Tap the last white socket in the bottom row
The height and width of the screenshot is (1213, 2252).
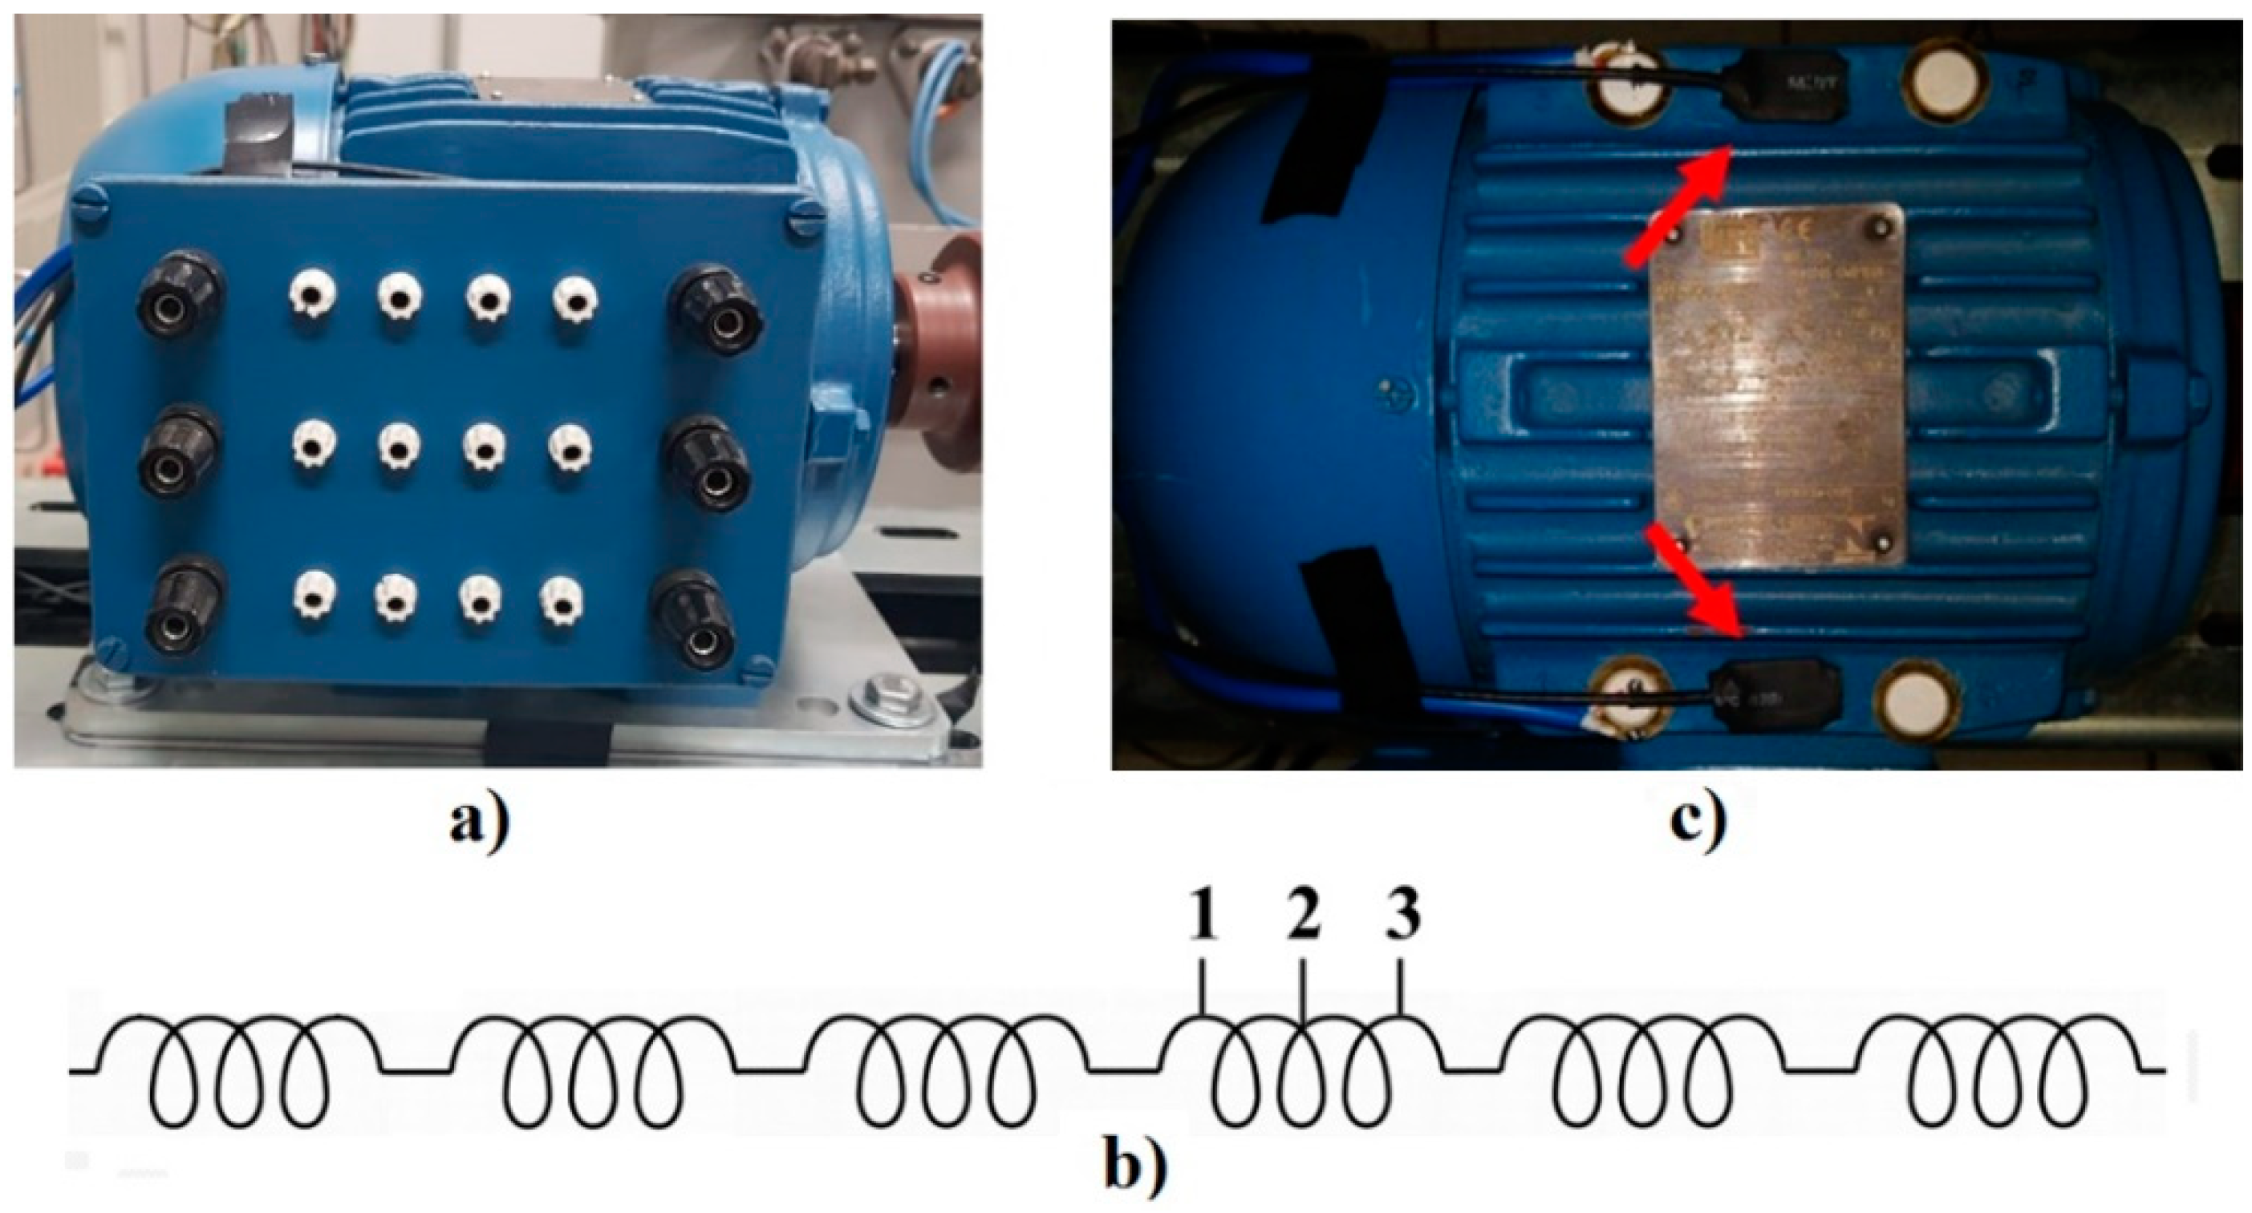[x=562, y=603]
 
